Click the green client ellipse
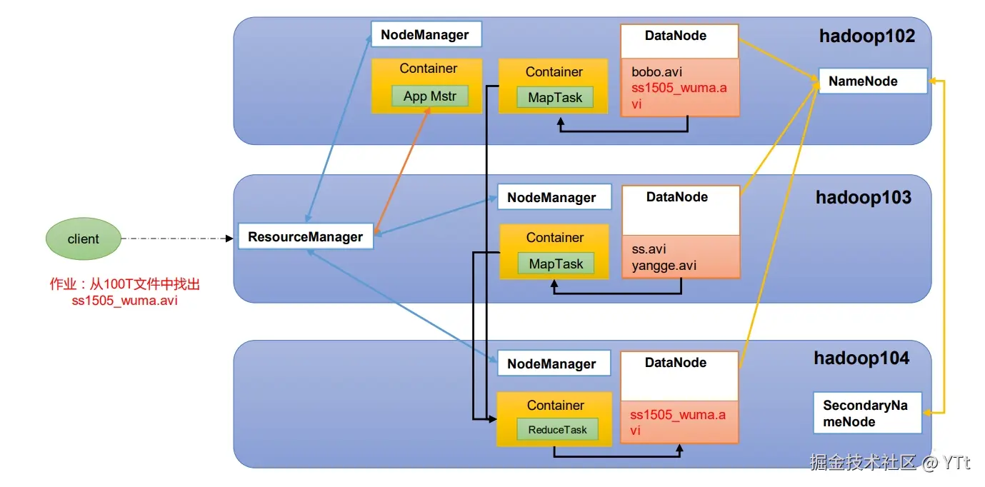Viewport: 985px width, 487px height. click(83, 239)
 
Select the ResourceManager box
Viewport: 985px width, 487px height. click(305, 237)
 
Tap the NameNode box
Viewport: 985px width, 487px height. click(872, 81)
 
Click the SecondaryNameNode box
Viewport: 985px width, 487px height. click(867, 413)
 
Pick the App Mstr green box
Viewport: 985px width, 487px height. click(429, 96)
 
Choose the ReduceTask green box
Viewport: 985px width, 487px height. click(557, 429)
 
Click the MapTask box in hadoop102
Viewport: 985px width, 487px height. click(555, 98)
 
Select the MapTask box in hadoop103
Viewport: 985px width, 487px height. click(556, 264)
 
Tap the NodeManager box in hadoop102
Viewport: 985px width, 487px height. click(426, 34)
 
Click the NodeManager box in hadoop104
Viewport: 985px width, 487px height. click(553, 363)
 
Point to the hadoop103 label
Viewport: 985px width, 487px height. click(864, 197)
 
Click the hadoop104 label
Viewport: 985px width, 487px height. click(861, 358)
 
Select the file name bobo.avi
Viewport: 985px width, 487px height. click(658, 72)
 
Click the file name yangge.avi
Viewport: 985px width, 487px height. click(664, 266)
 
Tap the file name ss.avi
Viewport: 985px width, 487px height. click(649, 249)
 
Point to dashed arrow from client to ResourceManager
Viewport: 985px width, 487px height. click(179, 238)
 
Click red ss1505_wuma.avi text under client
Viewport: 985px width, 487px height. click(124, 301)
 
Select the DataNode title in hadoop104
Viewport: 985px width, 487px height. click(675, 363)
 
